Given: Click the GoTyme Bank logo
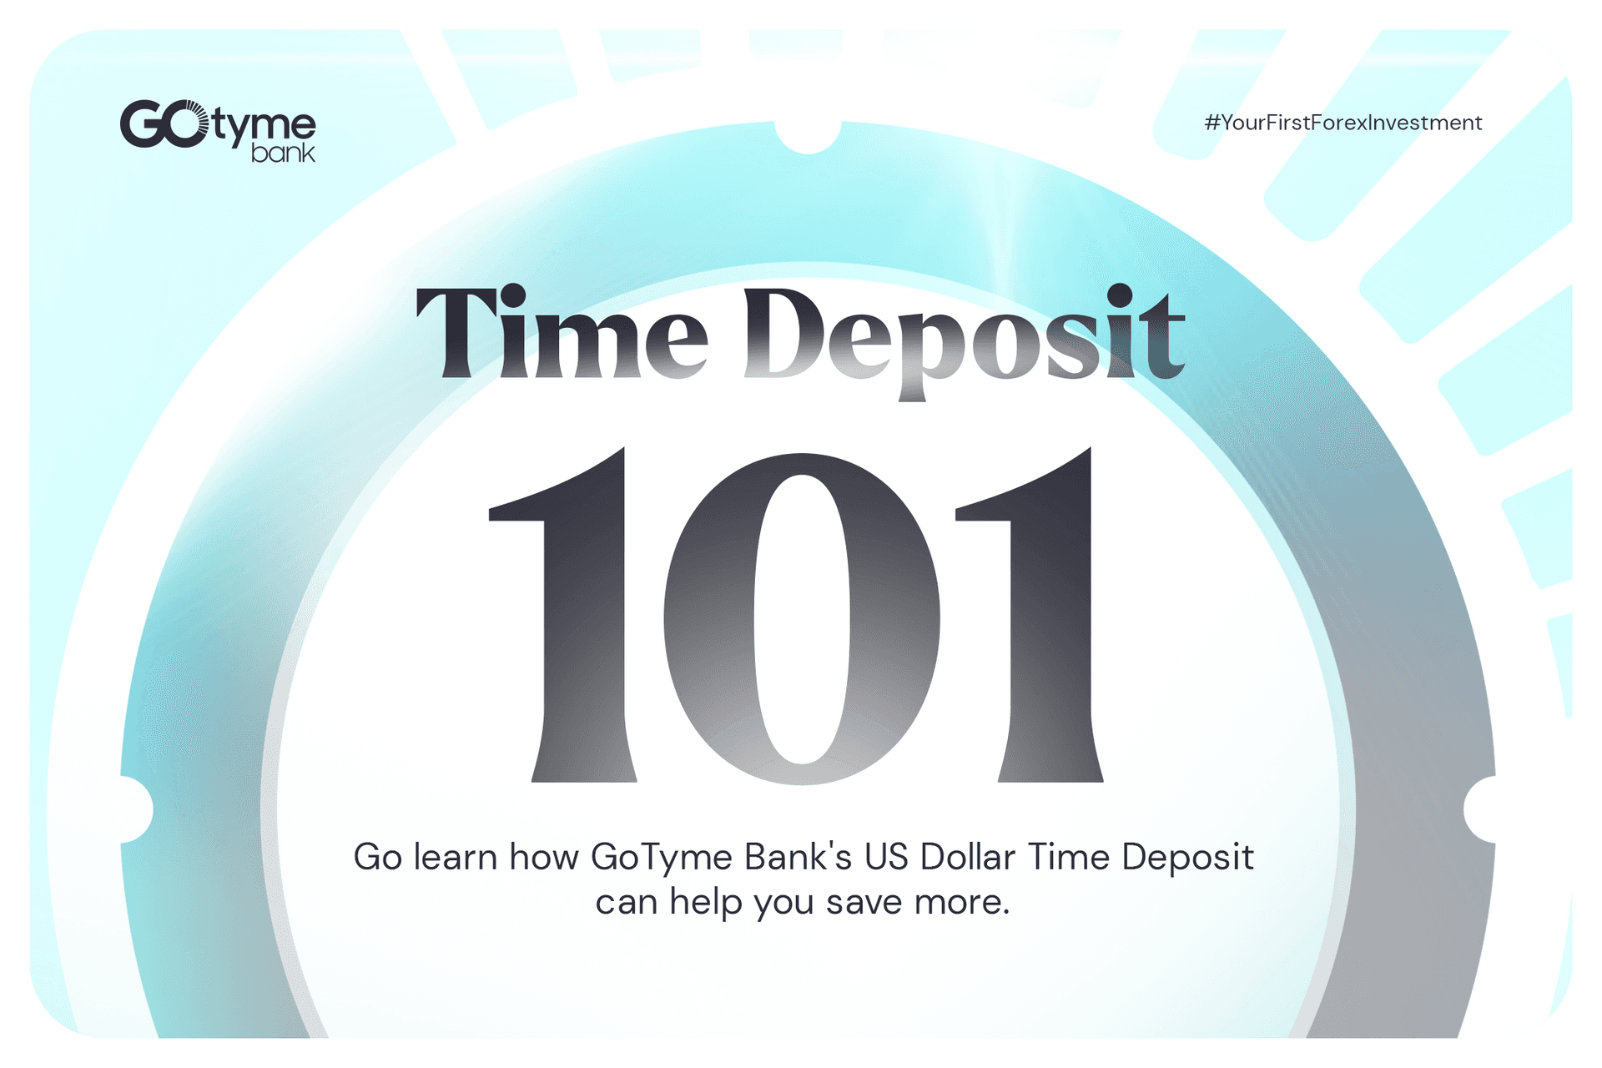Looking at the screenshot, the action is pos(218,131).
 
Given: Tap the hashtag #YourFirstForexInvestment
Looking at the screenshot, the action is pos(1343,123).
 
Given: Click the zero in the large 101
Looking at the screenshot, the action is pos(802,618).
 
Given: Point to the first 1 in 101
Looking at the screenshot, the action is pos(563,615).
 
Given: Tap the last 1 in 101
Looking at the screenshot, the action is pos(1030,615).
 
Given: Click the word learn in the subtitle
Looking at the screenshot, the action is pos(456,857).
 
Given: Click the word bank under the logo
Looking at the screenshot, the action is pos(284,153).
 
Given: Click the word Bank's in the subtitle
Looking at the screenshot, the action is pos(798,857).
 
